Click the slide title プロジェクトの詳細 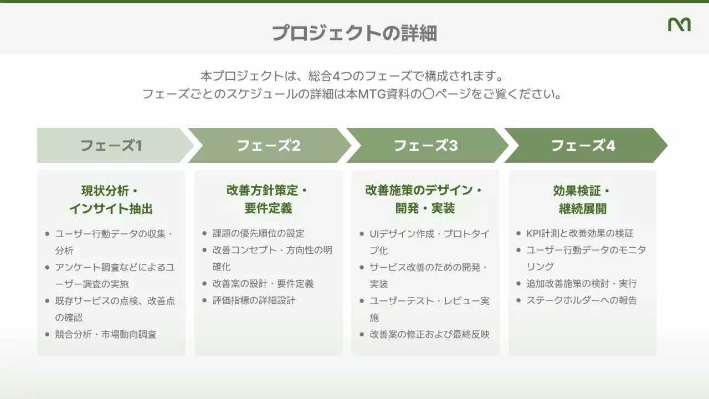point(354,33)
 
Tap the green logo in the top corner point(679,24)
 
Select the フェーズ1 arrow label point(111,146)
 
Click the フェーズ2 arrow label point(269,146)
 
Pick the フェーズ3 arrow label point(426,146)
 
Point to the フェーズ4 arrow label point(583,146)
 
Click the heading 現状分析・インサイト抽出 point(111,199)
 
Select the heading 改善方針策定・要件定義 point(268,199)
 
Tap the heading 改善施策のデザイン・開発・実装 point(425,199)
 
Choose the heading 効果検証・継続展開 point(582,199)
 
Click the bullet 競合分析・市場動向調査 point(106,334)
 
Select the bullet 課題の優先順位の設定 point(258,233)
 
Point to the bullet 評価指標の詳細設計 point(254,300)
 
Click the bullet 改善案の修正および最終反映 point(429,334)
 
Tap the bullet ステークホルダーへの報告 point(582,300)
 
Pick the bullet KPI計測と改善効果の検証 point(579,233)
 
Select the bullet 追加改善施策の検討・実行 point(582,284)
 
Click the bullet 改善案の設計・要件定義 point(263,284)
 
